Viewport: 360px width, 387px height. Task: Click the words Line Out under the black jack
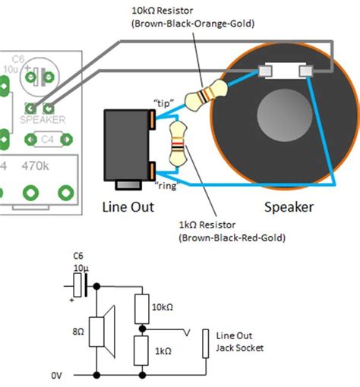[x=128, y=206]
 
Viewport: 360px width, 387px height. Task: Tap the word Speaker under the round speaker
[x=288, y=206]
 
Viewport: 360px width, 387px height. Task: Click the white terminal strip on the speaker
[x=286, y=71]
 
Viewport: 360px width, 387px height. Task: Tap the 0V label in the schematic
[x=57, y=375]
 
